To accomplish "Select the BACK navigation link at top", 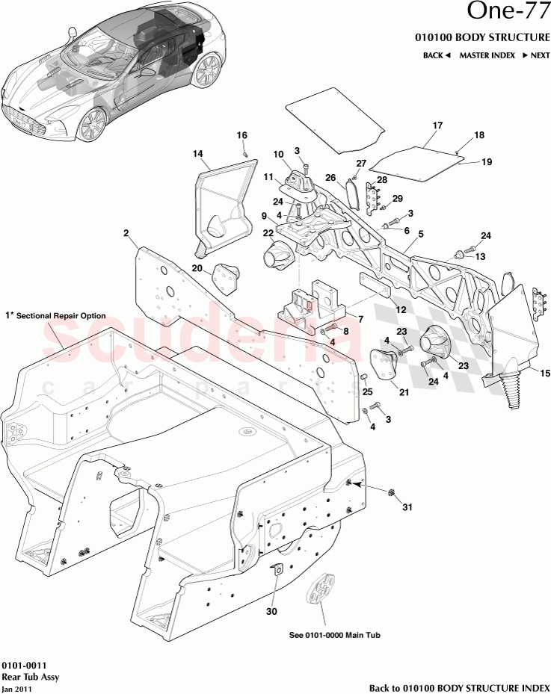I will pyautogui.click(x=437, y=55).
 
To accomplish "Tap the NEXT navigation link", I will pyautogui.click(x=535, y=55).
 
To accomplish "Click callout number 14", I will pyautogui.click(x=198, y=154).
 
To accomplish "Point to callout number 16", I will pyautogui.click(x=241, y=135).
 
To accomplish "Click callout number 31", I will pyautogui.click(x=407, y=508).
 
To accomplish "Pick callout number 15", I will pyautogui.click(x=544, y=374).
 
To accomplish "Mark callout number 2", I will pyautogui.click(x=126, y=233).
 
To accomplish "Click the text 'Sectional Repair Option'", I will pyautogui.click(x=61, y=316).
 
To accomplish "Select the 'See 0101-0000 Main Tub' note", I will pyautogui.click(x=335, y=636).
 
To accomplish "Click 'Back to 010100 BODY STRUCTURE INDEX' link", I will pyautogui.click(x=459, y=687).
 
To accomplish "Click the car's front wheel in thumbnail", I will pyautogui.click(x=91, y=123).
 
